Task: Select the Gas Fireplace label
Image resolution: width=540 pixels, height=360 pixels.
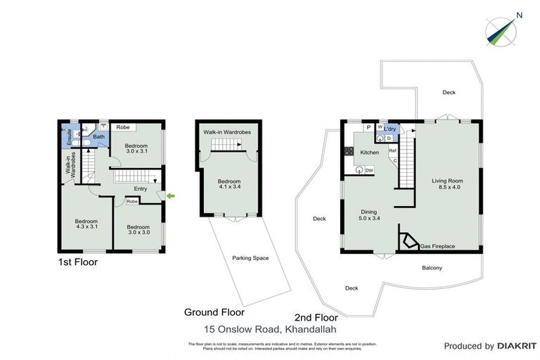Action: point(438,247)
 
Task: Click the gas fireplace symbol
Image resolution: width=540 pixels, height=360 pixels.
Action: point(407,240)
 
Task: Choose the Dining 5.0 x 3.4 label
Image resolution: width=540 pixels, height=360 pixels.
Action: point(369,214)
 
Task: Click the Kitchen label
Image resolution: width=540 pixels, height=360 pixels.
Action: point(370,153)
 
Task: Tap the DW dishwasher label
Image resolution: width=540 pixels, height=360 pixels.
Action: point(369,169)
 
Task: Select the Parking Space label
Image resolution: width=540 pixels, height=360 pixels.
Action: point(250,258)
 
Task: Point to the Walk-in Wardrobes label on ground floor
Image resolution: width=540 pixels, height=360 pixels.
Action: point(227,132)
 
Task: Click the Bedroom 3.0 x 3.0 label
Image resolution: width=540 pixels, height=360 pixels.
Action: point(139,231)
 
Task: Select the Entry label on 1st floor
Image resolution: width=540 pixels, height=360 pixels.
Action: point(141,188)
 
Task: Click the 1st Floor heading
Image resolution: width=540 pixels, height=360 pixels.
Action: point(78,262)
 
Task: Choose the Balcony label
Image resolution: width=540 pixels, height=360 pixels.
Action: point(432,267)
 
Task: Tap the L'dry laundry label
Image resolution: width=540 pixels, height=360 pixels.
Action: point(392,128)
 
